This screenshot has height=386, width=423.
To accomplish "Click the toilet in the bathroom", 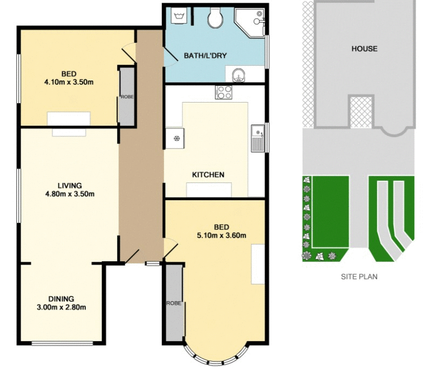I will [215, 19].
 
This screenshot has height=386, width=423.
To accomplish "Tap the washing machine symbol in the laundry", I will [178, 16].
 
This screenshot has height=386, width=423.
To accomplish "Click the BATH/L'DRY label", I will [205, 55].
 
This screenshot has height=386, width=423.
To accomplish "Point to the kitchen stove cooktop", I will [223, 92].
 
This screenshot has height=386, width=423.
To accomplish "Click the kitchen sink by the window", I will [257, 138].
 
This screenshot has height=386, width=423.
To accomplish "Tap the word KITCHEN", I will [208, 175].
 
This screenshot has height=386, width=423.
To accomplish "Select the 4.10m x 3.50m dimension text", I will [68, 83].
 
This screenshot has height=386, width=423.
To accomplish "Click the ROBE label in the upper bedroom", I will [127, 97].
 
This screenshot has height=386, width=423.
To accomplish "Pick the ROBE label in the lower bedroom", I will [173, 303].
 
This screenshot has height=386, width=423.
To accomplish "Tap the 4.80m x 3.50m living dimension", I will [70, 194].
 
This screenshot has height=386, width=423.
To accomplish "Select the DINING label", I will [61, 299].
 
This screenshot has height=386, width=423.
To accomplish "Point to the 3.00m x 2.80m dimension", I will [61, 307].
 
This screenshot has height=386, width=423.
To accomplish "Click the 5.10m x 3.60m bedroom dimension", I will [221, 235].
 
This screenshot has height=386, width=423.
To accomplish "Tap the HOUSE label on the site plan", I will [365, 49].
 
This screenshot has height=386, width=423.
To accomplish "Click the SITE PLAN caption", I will [359, 277].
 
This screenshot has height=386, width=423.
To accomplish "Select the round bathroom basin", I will [238, 74].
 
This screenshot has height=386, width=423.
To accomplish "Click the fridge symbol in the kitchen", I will [176, 139].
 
